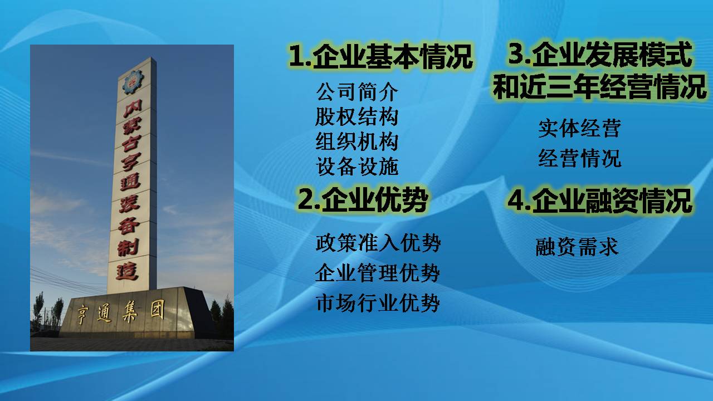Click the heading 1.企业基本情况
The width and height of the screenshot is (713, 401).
pos(380,57)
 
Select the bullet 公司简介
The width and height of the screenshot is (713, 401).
pos(357,92)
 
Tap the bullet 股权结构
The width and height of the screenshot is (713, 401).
pos(357,116)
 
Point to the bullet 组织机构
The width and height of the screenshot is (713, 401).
pos(357,141)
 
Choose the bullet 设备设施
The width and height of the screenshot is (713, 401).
pos(357,166)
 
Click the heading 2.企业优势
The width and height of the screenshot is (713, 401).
pos(363,200)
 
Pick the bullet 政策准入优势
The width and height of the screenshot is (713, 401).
pos(378,243)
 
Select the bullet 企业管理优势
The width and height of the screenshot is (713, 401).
pos(378,273)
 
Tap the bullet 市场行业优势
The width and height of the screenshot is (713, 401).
pos(378,302)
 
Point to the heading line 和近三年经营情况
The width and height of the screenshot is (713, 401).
pos(600,86)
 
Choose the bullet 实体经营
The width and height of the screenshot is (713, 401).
pos(580,128)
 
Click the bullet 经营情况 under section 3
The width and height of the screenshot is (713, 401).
pos(580,158)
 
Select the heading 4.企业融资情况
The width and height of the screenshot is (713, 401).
pos(600,200)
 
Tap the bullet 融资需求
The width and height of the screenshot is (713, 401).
pos(577,247)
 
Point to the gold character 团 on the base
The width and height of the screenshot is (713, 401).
pos(157,309)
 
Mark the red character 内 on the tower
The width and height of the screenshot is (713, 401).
pos(133,109)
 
